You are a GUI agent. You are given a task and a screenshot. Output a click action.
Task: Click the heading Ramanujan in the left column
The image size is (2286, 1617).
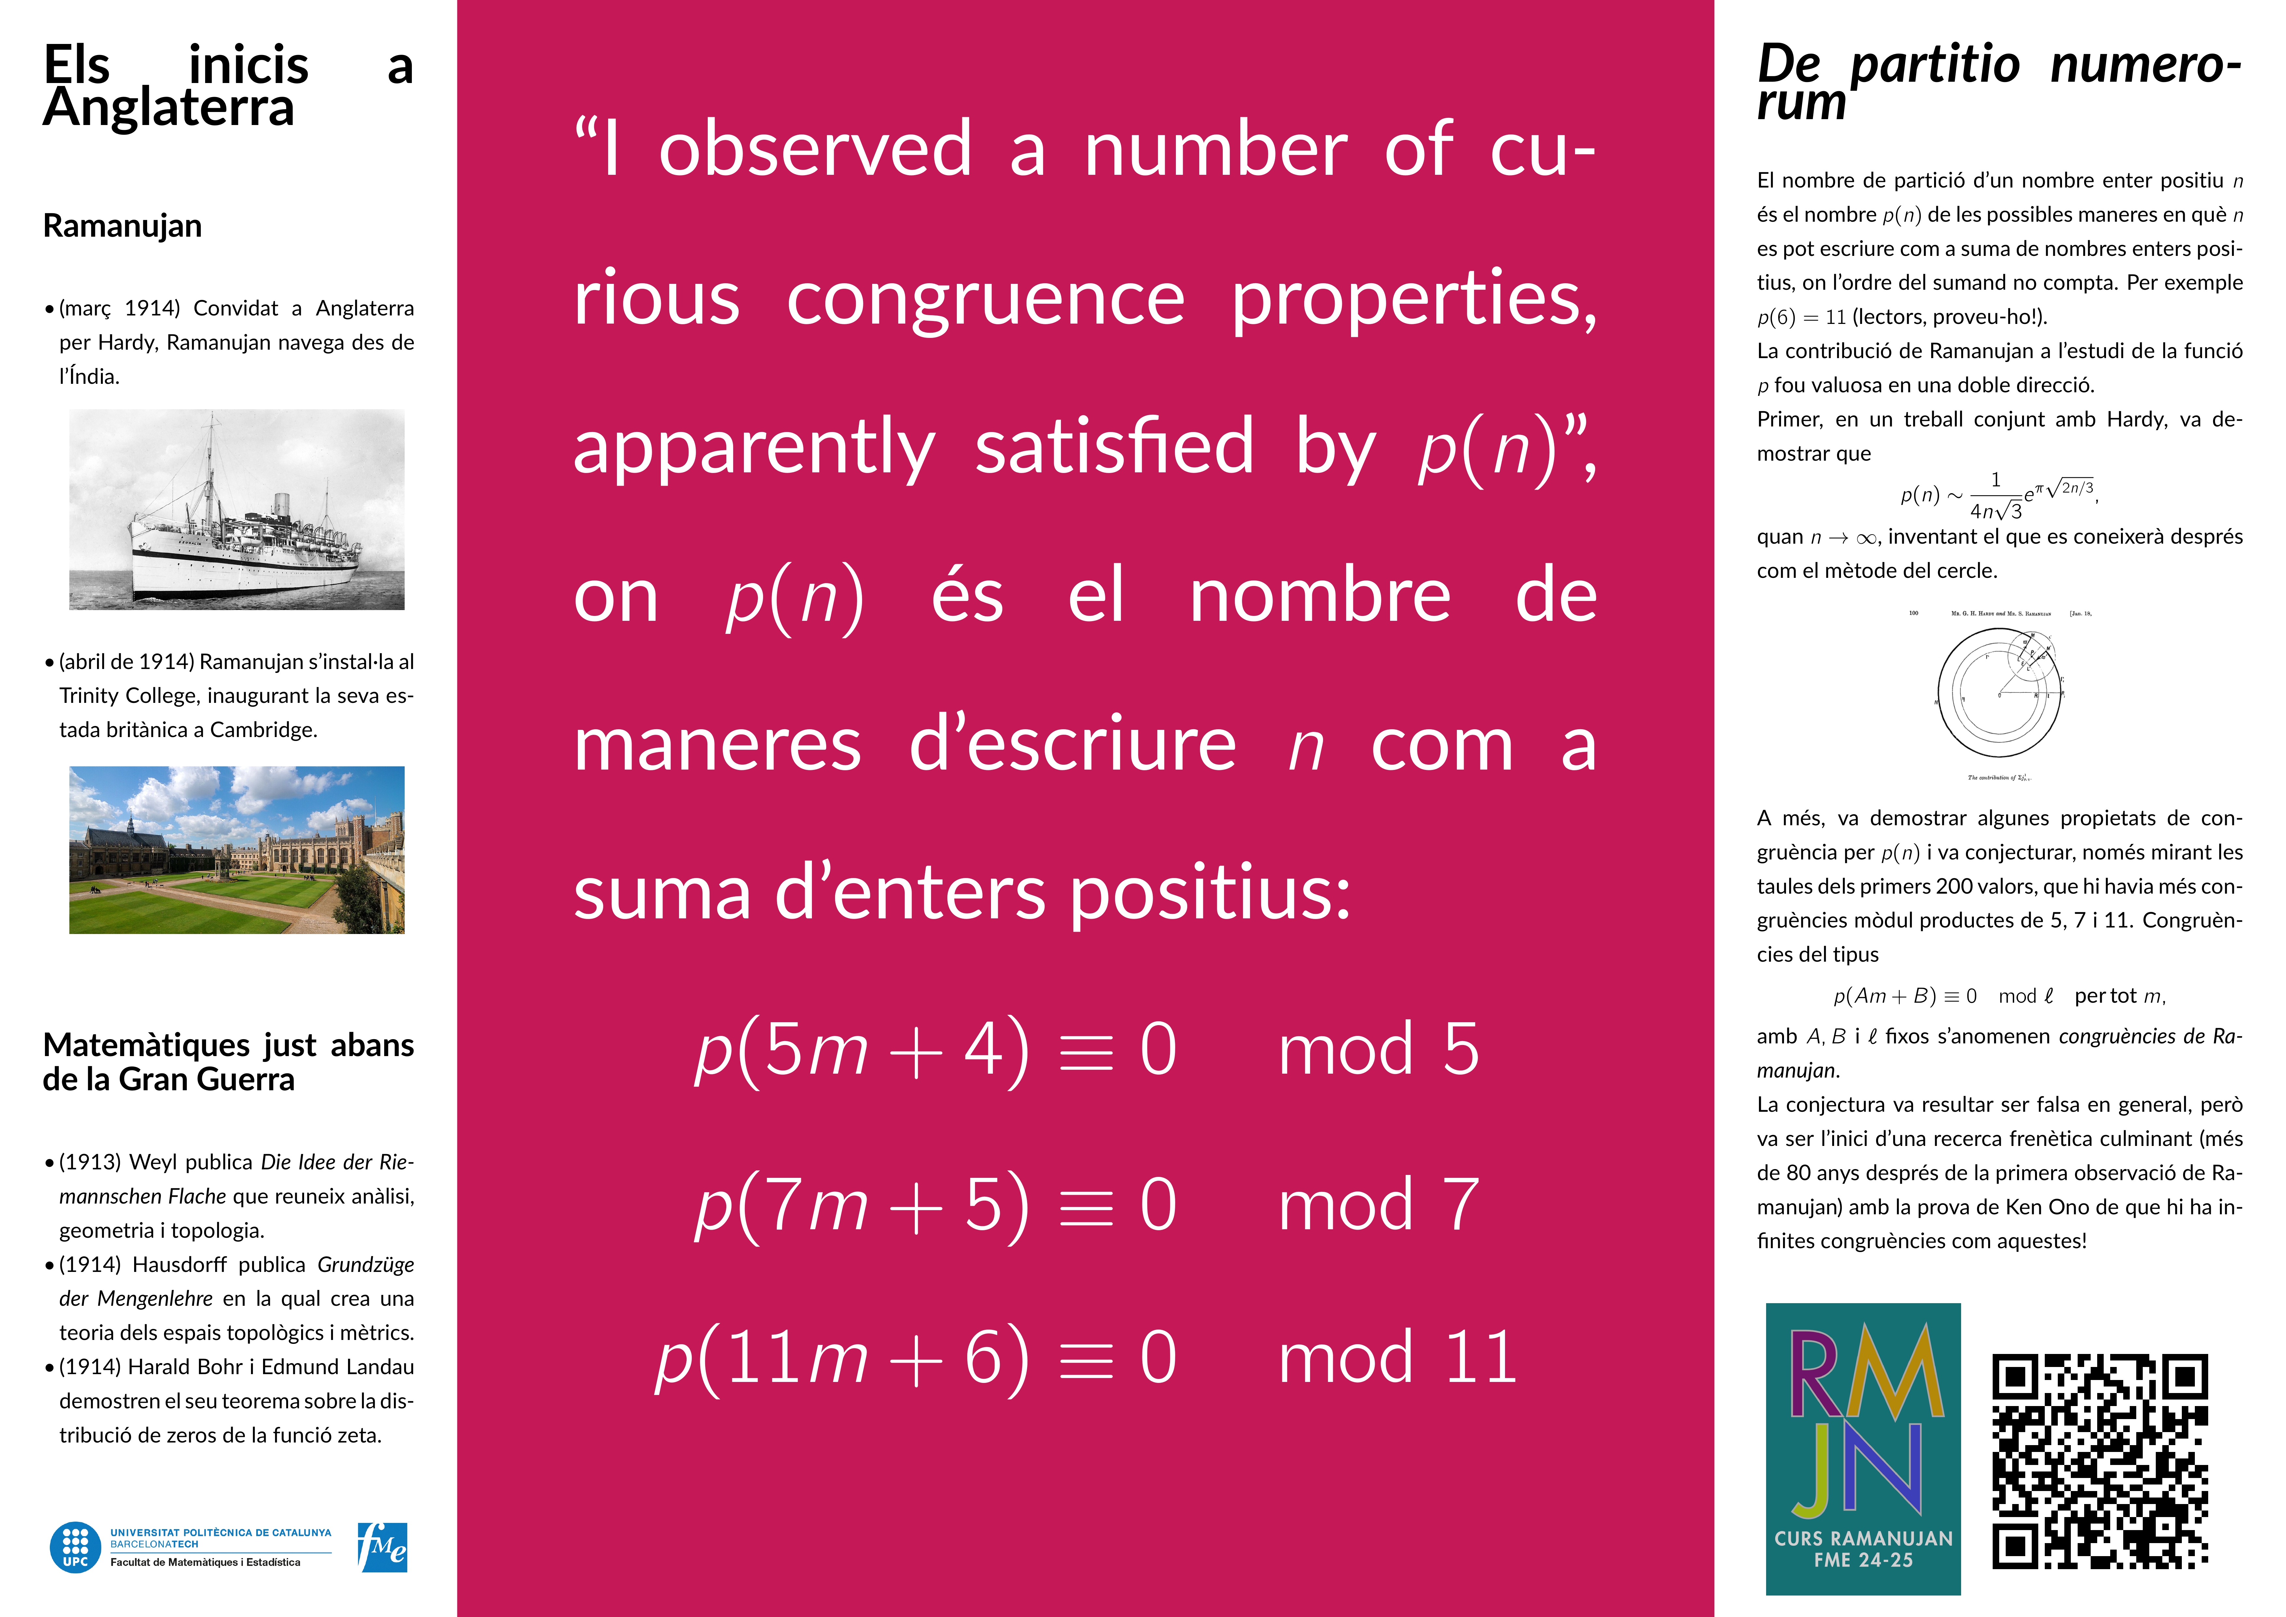coord(122,226)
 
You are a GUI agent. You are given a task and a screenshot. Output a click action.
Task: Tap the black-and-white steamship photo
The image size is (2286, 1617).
coord(237,510)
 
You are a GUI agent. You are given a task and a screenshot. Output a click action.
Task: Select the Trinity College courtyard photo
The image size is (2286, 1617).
coord(237,849)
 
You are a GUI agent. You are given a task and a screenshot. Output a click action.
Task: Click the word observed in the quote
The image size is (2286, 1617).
coord(815,149)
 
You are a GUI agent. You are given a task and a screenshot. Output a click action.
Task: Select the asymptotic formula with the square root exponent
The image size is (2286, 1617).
coord(1999,495)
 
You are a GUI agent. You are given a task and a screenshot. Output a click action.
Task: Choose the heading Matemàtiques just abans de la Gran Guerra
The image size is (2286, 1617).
coord(228,1061)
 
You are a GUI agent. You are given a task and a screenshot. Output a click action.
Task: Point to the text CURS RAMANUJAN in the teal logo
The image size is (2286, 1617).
coord(1863,1538)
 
